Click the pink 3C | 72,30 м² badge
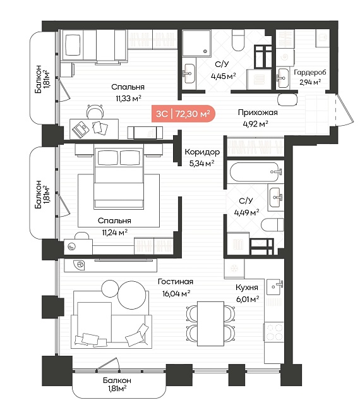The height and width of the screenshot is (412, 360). click(x=183, y=114)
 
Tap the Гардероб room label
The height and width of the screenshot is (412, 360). click(x=310, y=72)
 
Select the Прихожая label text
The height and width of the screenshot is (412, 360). click(x=258, y=112)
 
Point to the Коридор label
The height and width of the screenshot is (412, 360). click(x=202, y=152)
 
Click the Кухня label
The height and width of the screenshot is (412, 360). click(x=247, y=288)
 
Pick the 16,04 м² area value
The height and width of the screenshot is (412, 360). click(x=176, y=293)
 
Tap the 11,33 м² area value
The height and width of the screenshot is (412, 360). click(x=129, y=99)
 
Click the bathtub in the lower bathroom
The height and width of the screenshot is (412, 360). click(x=254, y=172)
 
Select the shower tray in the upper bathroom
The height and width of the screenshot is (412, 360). click(x=196, y=43)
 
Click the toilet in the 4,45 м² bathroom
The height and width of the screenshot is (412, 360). click(x=239, y=40)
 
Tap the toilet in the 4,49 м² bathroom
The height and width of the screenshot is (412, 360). click(x=273, y=225)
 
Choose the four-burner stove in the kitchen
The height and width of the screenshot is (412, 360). click(x=274, y=332)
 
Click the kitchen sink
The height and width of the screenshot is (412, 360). click(x=275, y=287)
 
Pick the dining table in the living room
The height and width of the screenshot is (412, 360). click(x=210, y=324)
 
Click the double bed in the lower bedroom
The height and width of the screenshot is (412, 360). click(x=119, y=178)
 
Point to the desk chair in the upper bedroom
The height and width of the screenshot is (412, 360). click(x=95, y=111)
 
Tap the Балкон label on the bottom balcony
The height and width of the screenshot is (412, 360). click(x=117, y=380)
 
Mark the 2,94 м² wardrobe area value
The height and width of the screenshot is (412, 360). click(x=310, y=82)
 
